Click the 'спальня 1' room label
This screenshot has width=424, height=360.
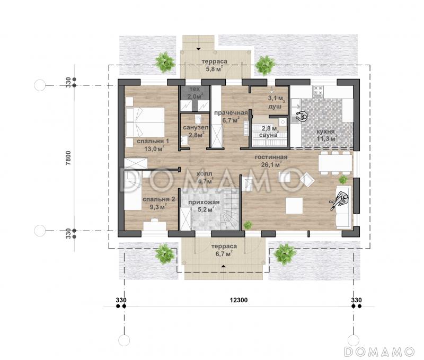click(x=153, y=141)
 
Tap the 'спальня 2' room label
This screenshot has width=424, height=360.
click(x=158, y=199)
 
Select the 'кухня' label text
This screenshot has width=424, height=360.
click(x=325, y=131)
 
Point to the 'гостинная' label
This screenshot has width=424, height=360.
click(x=271, y=157)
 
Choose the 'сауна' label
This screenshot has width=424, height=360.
click(x=268, y=135)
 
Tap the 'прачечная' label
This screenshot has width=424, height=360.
click(x=231, y=113)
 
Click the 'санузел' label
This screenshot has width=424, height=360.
click(x=196, y=127)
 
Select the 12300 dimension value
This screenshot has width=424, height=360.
click(x=238, y=300)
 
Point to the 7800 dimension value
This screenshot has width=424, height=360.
click(x=68, y=158)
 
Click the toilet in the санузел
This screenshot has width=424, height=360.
click(x=198, y=118)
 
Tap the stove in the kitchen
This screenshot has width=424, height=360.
click(x=318, y=91)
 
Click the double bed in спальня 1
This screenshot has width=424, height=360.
click(x=145, y=122)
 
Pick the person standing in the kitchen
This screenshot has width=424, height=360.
click(x=302, y=116)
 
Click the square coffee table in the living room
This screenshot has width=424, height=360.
click(x=294, y=206)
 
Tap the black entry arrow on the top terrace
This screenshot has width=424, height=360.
click(x=198, y=49)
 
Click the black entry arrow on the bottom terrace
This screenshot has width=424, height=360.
click(x=223, y=266)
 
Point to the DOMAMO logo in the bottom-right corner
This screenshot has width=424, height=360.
click(x=379, y=352)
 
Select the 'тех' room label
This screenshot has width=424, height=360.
click(x=195, y=89)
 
